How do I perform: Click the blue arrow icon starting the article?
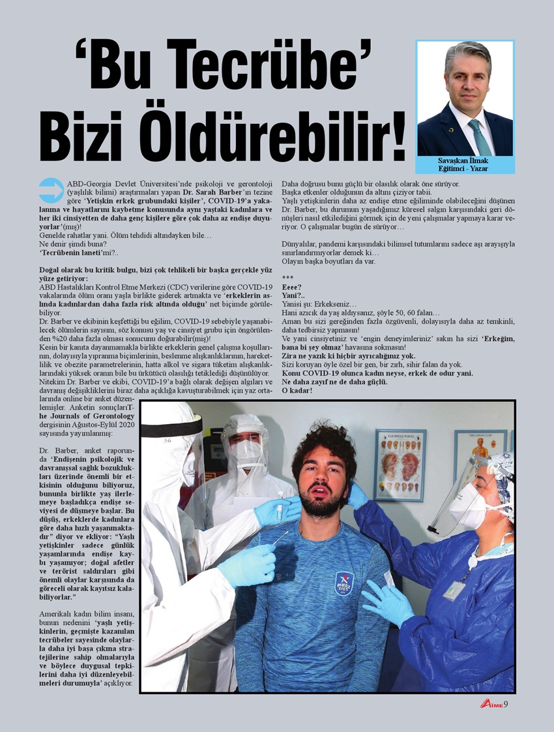51,190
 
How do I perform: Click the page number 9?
506,703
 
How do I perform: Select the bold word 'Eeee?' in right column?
292,287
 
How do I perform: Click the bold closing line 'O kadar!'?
297,390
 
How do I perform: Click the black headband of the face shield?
171,427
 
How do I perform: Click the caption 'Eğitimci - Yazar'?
463,169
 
